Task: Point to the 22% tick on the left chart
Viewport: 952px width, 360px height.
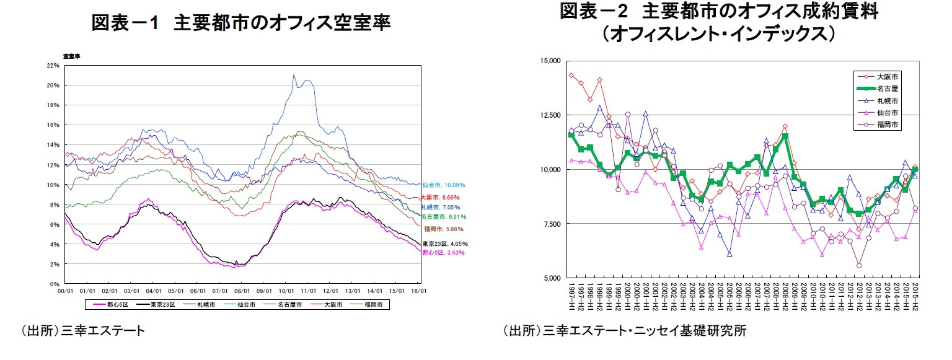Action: tap(53, 65)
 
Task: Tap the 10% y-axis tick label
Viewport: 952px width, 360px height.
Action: tap(53, 185)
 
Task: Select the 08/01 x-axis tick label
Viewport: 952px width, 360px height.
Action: tap(242, 289)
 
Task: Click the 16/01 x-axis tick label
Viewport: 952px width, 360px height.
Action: tap(420, 289)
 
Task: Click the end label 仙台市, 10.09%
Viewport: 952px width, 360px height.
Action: tap(443, 185)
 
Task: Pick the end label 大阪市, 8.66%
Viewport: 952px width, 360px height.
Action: tap(441, 196)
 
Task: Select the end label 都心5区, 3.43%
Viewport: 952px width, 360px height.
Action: tap(443, 253)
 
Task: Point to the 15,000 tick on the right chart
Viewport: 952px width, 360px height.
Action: tap(550, 61)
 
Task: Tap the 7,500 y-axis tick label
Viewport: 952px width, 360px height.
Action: tap(552, 224)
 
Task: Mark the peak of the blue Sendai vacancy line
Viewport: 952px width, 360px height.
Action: tap(294, 75)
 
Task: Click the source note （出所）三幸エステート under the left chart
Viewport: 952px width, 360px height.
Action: tap(84, 330)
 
